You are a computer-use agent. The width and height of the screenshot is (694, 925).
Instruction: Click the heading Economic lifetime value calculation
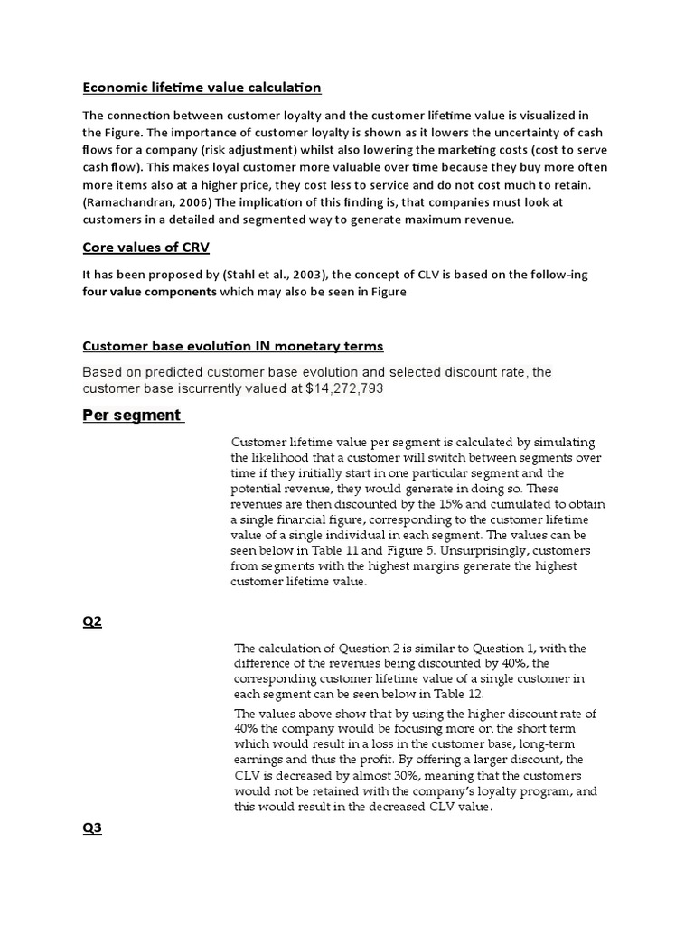coord(202,88)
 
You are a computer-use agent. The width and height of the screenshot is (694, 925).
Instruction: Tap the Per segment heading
coord(133,416)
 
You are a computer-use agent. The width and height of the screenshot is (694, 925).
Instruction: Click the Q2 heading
coord(92,621)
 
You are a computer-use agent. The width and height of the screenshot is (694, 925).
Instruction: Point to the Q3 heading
coord(92,827)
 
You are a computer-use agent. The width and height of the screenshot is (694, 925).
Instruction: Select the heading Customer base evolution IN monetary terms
coord(232,346)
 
